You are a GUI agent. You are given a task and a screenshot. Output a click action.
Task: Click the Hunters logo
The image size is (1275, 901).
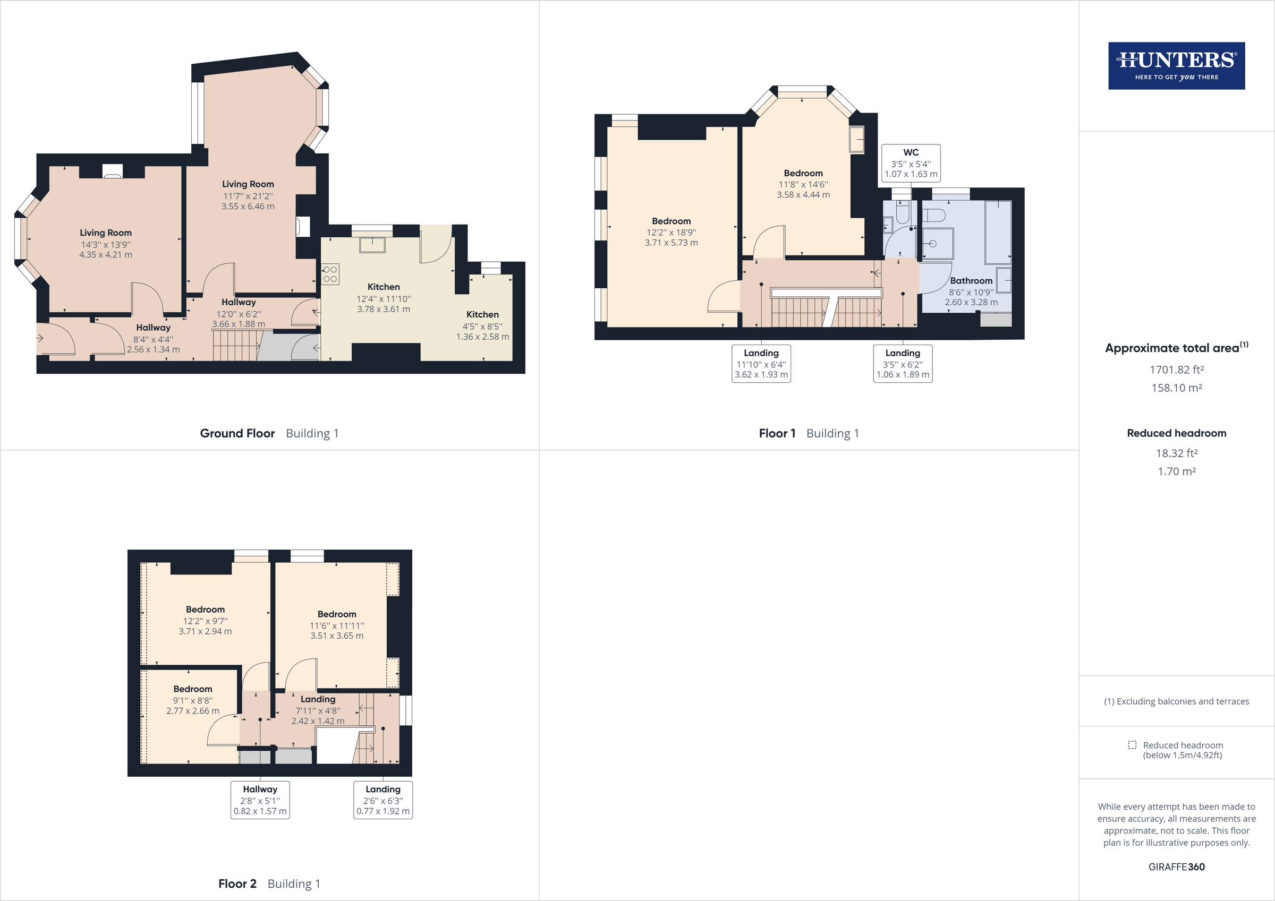click(1176, 65)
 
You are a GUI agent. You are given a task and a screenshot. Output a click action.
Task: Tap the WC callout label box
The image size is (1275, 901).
click(911, 162)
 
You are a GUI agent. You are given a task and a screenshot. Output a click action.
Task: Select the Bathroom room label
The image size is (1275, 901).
click(971, 281)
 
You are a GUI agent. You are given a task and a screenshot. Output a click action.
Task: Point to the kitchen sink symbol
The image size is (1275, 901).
click(371, 244)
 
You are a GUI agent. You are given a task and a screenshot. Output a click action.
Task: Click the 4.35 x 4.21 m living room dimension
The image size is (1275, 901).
click(106, 255)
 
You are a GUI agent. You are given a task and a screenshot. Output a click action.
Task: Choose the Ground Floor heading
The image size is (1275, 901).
click(237, 434)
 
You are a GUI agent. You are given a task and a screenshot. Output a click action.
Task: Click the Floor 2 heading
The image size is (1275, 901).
click(237, 884)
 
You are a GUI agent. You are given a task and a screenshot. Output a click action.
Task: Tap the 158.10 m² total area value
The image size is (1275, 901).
click(1176, 388)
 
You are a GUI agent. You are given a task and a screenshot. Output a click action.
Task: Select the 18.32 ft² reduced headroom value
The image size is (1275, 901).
click(1176, 453)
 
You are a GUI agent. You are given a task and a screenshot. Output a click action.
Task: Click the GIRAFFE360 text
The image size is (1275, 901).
click(1176, 867)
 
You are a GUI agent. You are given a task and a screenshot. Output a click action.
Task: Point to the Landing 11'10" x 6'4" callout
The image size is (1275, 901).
click(761, 364)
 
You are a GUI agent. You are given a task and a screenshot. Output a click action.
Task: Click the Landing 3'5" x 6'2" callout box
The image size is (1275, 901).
click(903, 364)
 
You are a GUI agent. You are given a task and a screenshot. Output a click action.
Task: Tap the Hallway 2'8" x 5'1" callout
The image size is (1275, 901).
click(260, 800)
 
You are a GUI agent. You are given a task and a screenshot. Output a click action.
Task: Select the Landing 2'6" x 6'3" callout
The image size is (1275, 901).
click(382, 800)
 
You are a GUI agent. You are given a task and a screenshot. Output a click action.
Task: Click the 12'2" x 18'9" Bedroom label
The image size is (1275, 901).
click(671, 232)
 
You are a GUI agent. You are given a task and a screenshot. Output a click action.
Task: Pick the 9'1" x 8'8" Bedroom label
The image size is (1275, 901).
click(193, 700)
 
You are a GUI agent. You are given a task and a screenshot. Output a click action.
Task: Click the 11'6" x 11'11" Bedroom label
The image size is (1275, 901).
click(336, 625)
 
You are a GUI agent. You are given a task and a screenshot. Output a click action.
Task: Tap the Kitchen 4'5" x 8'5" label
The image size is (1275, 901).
click(482, 326)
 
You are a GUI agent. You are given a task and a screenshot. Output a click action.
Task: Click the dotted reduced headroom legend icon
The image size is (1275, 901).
click(1132, 745)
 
